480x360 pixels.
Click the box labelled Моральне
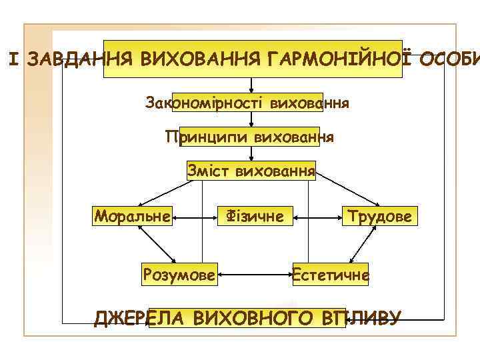click(x=133, y=216)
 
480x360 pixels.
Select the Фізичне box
click(x=255, y=216)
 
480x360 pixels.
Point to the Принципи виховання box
click(x=249, y=137)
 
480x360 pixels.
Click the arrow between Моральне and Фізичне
click(x=194, y=217)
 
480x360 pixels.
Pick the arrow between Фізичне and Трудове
click(x=316, y=217)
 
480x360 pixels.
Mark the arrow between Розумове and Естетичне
click(x=255, y=273)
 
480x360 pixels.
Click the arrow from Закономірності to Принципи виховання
click(x=251, y=120)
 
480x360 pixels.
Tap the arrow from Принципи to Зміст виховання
click(x=251, y=154)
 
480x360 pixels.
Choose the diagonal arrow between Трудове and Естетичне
click(x=360, y=245)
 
